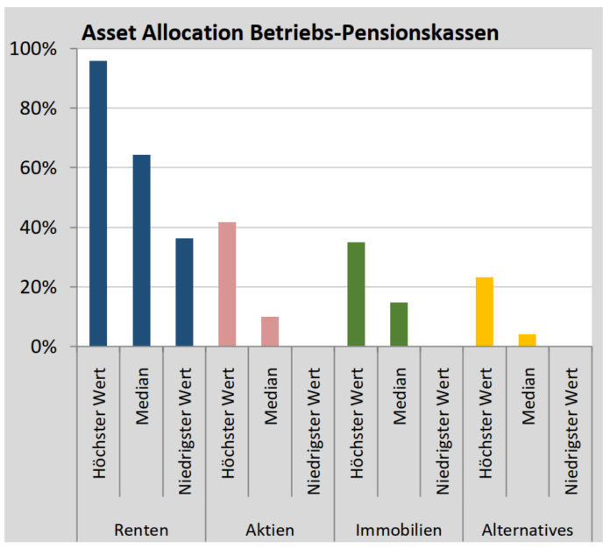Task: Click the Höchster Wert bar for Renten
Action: (98, 203)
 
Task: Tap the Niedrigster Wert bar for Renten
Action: (184, 292)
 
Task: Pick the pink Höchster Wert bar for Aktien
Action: (227, 284)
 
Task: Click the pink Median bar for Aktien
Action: (270, 331)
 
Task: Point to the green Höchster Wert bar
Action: (356, 294)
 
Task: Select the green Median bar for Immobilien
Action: (399, 324)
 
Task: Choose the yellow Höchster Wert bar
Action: (485, 312)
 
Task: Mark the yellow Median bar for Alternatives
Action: (528, 340)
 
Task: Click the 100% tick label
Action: (32, 49)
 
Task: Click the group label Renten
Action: (141, 530)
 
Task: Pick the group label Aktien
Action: (270, 530)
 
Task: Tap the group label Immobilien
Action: (399, 530)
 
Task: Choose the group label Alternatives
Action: (528, 530)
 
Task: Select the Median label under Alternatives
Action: (528, 403)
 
